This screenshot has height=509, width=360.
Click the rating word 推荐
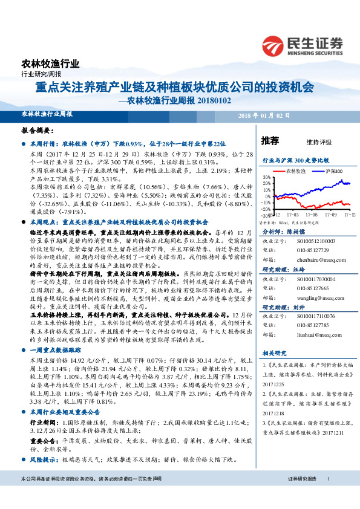270,141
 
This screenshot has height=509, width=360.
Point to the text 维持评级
319,142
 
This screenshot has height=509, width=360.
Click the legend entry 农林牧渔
295,172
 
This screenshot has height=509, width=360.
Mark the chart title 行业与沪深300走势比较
295,161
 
